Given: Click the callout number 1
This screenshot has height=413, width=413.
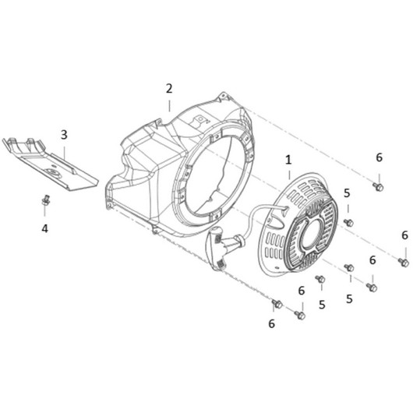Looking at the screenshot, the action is coord(288,160).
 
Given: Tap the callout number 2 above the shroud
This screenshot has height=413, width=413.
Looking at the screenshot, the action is coord(169,89).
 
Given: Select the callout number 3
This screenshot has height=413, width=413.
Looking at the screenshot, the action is coord(64,135).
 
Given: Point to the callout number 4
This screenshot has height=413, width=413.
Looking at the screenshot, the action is coord(44,228).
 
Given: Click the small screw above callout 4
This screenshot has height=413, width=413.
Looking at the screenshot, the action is coord(46,200).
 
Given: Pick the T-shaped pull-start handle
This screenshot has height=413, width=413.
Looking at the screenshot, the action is coord(217,248).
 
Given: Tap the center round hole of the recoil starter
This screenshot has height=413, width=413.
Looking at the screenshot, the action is coord(312,234).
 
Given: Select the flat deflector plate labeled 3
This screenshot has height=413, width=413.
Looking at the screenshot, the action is coord(50,164).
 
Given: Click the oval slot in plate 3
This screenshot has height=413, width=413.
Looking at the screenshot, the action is coord(52,171).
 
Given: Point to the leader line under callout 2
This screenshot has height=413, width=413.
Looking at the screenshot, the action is coord(169,106).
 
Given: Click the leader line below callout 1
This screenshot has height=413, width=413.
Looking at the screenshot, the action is coord(289,175).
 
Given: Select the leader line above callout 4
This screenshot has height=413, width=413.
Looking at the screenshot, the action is coord(45,211).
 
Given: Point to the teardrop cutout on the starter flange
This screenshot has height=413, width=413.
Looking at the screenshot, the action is coord(277,221).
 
